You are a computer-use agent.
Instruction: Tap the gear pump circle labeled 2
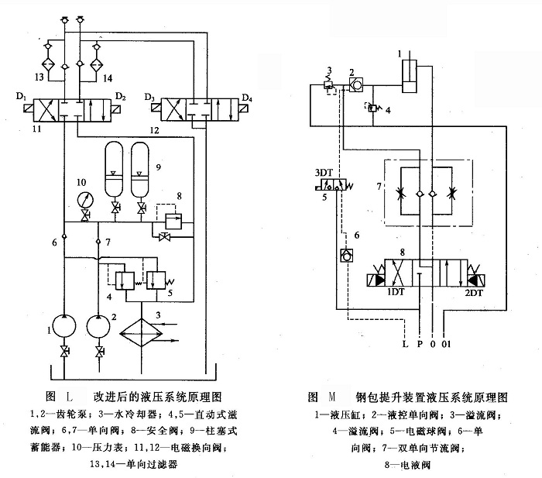pos(99,324)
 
